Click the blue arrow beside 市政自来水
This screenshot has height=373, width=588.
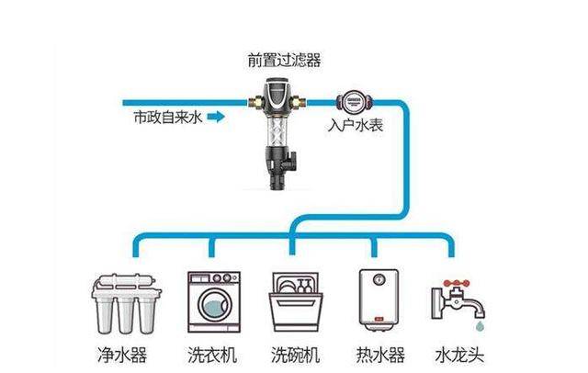click(x=215, y=118)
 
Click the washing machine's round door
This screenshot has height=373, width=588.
click(x=213, y=305)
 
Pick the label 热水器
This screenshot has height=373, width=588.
click(x=377, y=352)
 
